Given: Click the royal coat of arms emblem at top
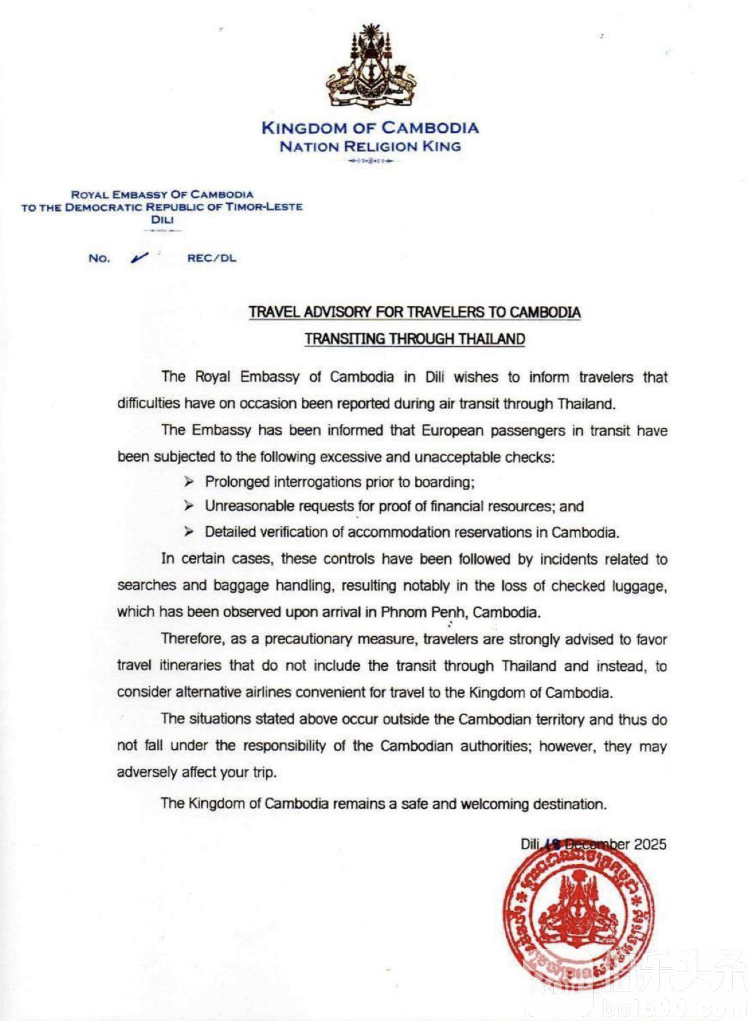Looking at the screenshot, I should pos(370,67).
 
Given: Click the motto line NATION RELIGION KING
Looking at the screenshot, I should pos(370,147).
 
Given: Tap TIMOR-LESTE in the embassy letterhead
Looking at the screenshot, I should pos(264,207).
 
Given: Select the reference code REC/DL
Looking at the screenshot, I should pos(211,258).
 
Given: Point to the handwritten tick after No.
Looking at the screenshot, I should pos(139,258).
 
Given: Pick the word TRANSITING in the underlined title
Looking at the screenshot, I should pos(344,339).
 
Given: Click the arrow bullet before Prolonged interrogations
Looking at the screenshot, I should pos(189,482).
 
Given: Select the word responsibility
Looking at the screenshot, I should pos(284,746).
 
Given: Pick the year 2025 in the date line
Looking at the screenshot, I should pos(650,845).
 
